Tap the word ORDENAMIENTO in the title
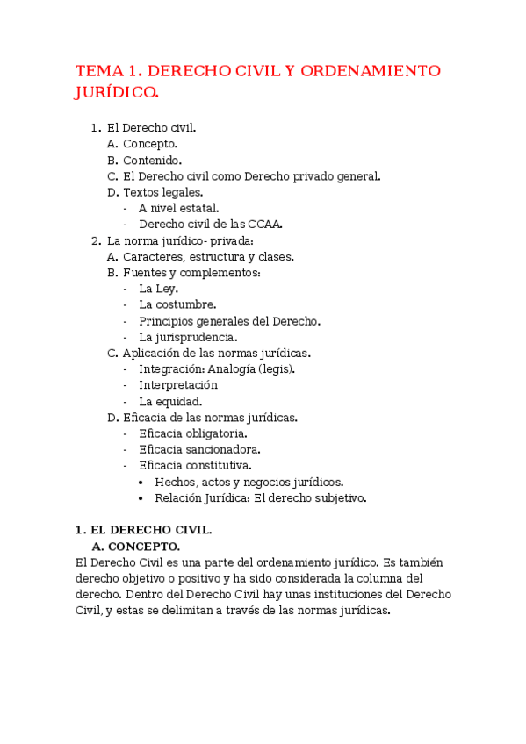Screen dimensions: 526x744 [371, 71]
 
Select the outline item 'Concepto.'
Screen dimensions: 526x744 [150, 144]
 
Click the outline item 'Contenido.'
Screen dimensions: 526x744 [153, 160]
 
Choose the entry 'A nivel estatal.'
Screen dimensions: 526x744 [179, 208]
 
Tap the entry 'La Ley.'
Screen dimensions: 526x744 [158, 289]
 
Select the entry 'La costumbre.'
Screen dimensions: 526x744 [177, 304]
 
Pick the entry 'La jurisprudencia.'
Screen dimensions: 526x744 [188, 337]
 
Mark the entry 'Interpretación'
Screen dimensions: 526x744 [178, 385]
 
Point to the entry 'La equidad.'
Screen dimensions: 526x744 [170, 401]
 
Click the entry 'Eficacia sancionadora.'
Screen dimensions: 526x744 [199, 449]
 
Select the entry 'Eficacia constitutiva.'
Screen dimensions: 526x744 [195, 465]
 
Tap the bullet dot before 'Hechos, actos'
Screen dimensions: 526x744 [143, 482]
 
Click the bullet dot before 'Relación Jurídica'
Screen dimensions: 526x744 [143, 498]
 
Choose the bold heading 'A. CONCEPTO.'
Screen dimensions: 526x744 [136, 547]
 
